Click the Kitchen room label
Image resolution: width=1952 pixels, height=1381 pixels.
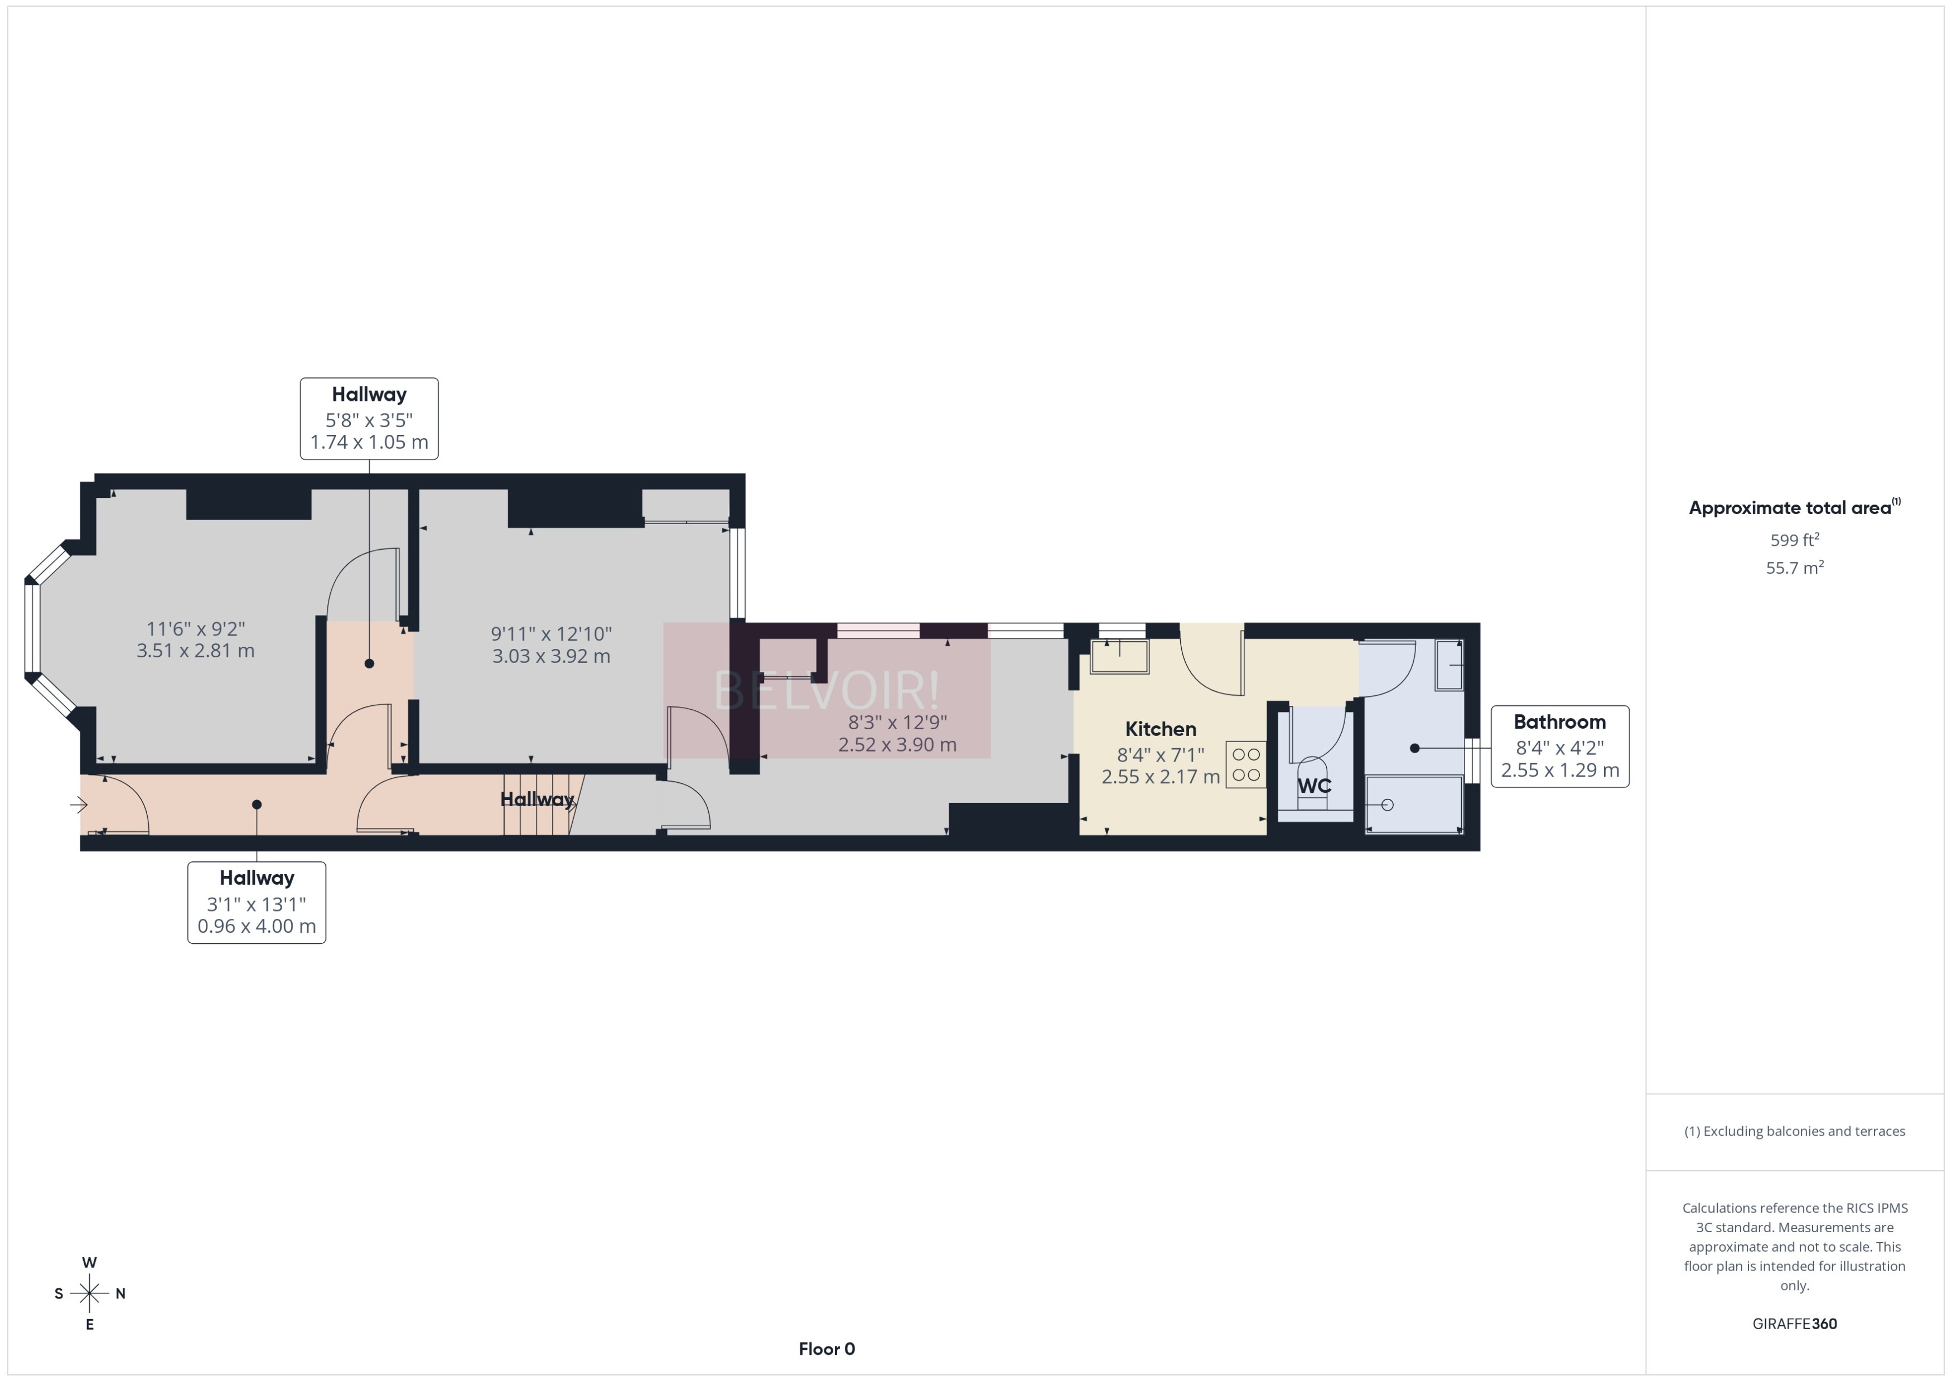pos(1160,729)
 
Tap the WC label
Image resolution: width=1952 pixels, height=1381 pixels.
pos(1313,786)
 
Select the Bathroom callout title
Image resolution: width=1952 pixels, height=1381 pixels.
pos(1559,722)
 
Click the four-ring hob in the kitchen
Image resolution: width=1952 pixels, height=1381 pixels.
pos(1246,764)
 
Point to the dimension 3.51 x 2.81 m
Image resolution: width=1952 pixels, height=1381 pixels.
pos(196,651)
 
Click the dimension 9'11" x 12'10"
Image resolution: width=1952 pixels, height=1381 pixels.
pos(551,633)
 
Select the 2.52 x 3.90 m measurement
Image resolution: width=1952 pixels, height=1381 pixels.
pos(897,745)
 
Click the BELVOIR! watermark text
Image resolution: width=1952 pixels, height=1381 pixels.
pos(826,690)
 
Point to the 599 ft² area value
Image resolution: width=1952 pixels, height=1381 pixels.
pos(1795,540)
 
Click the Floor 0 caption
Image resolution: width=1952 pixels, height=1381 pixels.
pos(826,1349)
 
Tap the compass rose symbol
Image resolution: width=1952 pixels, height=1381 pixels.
pos(89,1293)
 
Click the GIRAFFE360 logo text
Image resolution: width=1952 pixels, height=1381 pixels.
pos(1795,1324)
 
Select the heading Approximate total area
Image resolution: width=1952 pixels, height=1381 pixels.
pos(1790,508)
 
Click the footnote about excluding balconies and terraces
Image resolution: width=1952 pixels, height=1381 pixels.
pos(1795,1131)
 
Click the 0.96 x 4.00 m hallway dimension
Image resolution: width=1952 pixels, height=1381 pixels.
pos(257,926)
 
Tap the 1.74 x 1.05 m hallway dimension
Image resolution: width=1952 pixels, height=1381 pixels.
pos(369,442)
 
